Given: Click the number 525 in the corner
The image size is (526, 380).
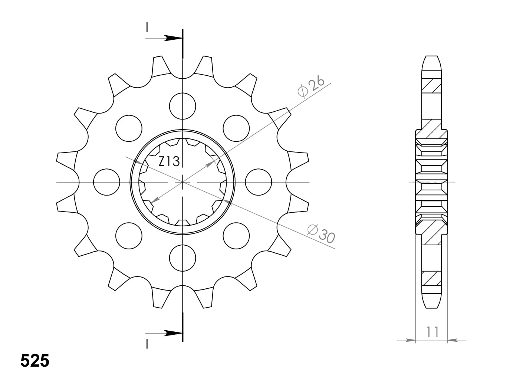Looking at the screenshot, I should tap(35, 361).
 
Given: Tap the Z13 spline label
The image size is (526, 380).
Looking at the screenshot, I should tap(169, 161).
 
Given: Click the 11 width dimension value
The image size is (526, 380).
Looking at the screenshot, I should tap(432, 331).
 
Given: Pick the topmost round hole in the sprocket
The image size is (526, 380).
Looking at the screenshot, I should tap(183, 106).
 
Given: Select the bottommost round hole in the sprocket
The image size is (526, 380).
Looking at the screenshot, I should tap(183, 258).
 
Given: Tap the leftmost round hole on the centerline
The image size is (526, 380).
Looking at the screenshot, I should tap(107, 182).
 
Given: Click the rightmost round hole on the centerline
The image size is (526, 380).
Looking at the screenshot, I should tap(259, 182).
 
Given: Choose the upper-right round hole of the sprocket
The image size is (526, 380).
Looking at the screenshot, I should tap(236, 128).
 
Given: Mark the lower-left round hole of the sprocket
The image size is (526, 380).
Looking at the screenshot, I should tap(129, 236).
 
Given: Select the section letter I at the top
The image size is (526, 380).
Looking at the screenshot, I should tap(147, 27).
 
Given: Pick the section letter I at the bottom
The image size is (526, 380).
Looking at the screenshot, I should tap(147, 344).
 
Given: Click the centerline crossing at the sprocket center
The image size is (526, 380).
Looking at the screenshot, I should tap(183, 182).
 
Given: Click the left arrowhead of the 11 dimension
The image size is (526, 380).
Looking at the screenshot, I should tap(410, 340).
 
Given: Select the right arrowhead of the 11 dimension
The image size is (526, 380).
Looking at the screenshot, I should tap(453, 340).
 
